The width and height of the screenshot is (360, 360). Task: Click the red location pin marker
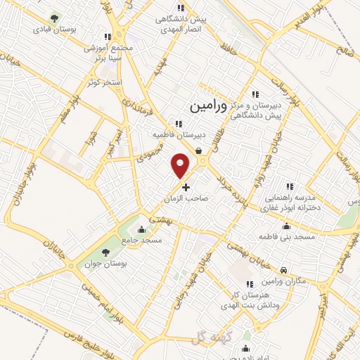click(181, 165)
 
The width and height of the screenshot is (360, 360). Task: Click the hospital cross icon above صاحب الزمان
click(186, 187)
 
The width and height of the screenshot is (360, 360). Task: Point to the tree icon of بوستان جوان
click(105, 252)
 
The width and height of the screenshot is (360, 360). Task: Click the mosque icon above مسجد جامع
click(142, 229)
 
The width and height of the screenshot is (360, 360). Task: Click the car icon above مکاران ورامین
click(282, 270)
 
